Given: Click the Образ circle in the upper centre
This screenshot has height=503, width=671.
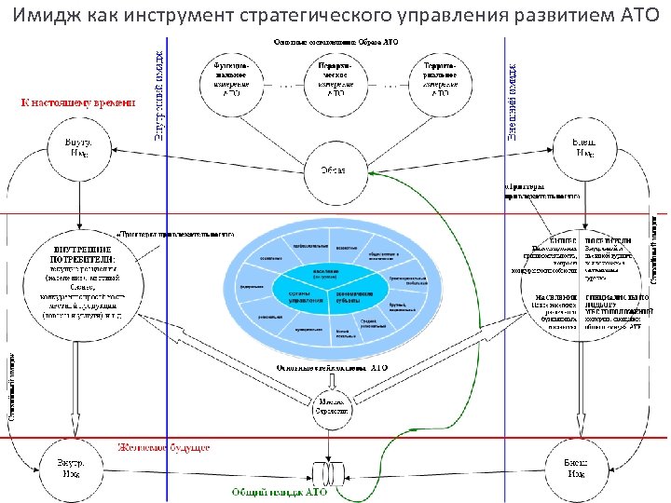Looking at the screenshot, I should pyautogui.click(x=334, y=170).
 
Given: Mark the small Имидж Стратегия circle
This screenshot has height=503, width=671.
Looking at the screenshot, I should pyautogui.click(x=333, y=405).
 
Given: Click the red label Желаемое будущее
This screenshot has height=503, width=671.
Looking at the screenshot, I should pyautogui.click(x=164, y=448).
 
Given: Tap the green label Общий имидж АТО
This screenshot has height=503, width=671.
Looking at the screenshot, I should pyautogui.click(x=274, y=490).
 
